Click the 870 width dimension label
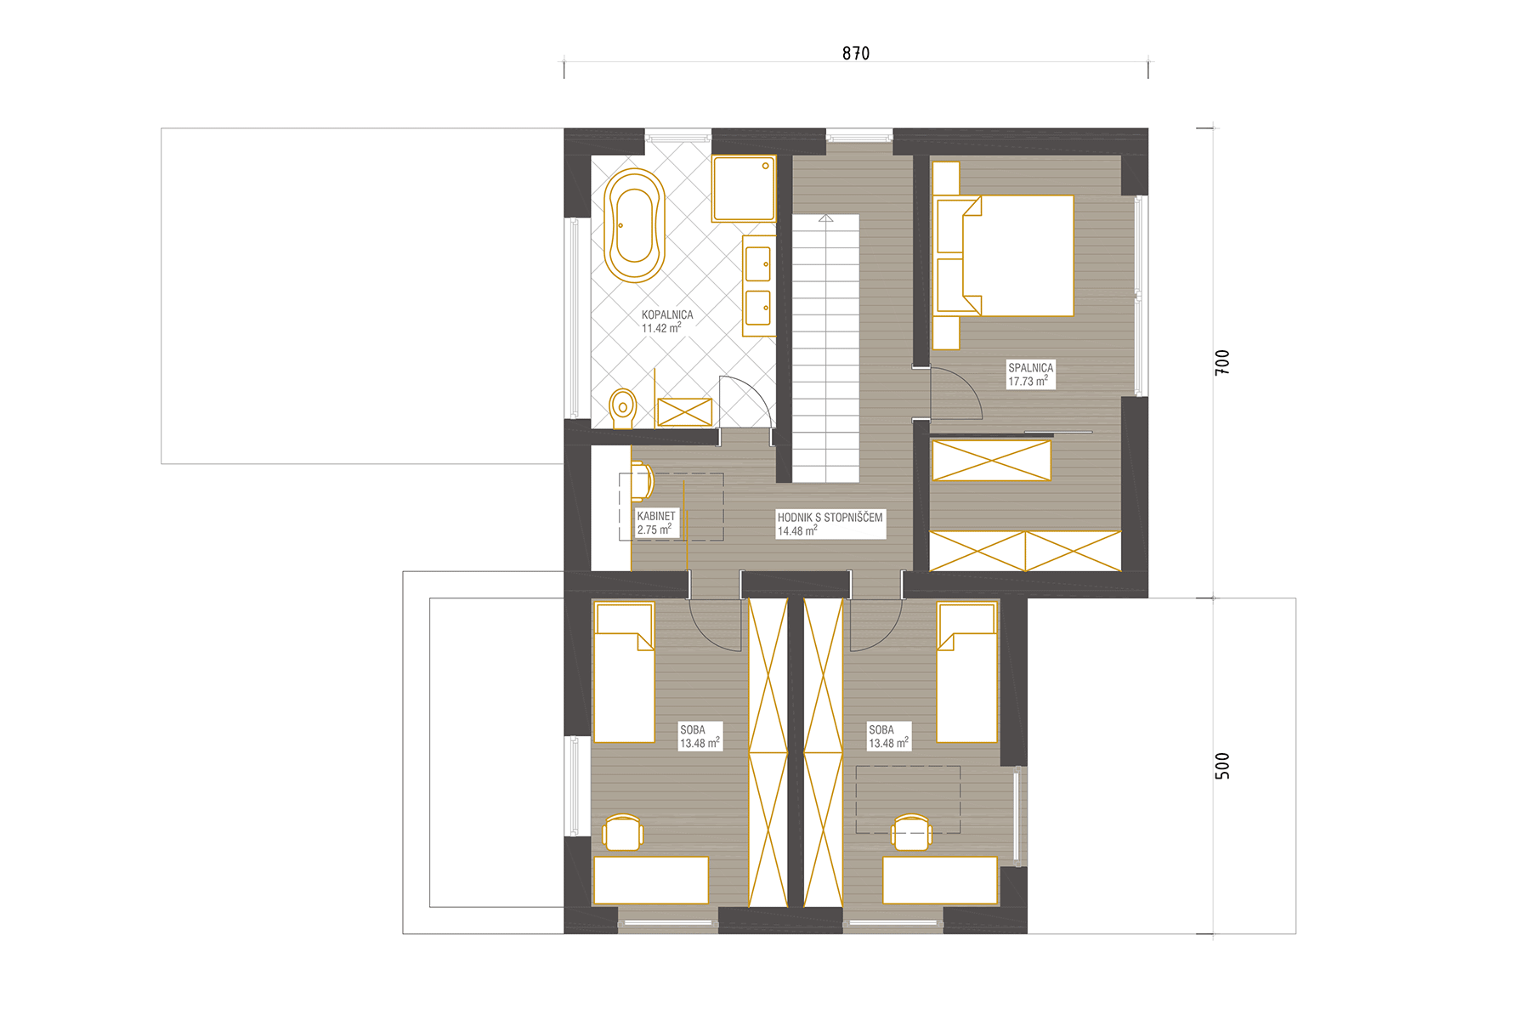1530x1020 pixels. [x=856, y=53]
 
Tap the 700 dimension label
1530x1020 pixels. [x=1222, y=362]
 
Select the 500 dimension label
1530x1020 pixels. [x=1222, y=766]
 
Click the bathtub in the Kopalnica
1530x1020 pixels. [x=634, y=225]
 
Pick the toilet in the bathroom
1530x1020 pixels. [x=623, y=409]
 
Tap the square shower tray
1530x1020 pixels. [x=744, y=188]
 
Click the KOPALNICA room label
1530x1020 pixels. [x=667, y=314]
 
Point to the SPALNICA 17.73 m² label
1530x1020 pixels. [x=1030, y=375]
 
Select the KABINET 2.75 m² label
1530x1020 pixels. [x=656, y=523]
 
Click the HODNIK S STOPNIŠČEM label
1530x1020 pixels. [x=830, y=517]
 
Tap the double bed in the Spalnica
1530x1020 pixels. [x=1003, y=256]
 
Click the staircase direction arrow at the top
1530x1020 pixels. [x=825, y=218]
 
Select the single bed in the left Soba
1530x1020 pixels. [x=624, y=672]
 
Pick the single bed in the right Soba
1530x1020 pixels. [x=966, y=672]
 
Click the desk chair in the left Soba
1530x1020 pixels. [x=622, y=833]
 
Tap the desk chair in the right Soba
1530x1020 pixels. [x=911, y=833]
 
